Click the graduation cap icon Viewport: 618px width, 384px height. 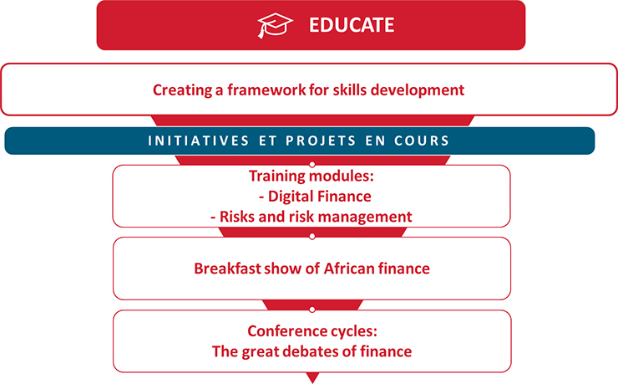click(275, 25)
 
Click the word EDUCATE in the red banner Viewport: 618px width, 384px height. click(352, 25)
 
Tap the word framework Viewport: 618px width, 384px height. click(266, 90)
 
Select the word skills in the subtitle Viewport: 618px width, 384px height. click(350, 90)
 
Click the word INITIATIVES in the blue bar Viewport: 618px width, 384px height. click(199, 141)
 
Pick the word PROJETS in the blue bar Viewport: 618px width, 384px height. click(321, 141)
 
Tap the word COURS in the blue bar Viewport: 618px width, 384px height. click(422, 141)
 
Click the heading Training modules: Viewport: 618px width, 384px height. click(312, 176)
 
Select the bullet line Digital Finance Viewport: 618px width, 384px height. click(315, 197)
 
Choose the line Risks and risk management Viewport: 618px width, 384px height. click(312, 217)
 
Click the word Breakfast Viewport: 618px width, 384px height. click(227, 269)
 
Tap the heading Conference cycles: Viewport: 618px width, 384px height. click(312, 331)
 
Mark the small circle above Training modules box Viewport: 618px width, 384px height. click(312, 164)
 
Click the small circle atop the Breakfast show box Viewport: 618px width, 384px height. click(312, 237)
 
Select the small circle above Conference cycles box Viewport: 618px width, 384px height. click(312, 310)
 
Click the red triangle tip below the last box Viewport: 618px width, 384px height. click(312, 383)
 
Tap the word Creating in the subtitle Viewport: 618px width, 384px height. click(182, 90)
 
